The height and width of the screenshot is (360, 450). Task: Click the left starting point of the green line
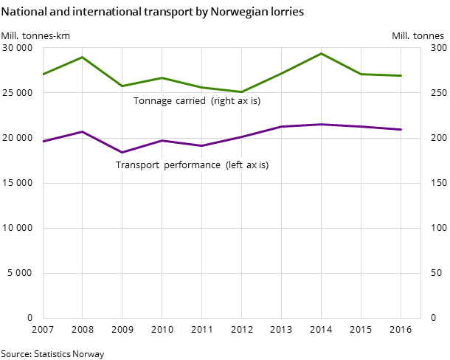coord(43,75)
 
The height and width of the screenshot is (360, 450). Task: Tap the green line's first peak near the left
coord(82,57)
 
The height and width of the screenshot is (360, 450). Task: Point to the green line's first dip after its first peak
coord(122,86)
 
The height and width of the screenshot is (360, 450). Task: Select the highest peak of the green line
coord(321,53)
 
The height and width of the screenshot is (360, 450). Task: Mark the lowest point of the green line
coord(241,91)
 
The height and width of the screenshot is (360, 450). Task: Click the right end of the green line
coord(401,75)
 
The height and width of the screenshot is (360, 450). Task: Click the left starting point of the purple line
coord(43,141)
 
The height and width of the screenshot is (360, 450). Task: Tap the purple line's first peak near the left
coord(82,131)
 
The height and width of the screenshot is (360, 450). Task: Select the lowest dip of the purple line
coord(122,152)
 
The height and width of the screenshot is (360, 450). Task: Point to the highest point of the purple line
coord(321,124)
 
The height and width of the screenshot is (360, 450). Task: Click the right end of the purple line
coord(401,129)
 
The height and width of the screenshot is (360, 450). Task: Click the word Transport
coord(137,165)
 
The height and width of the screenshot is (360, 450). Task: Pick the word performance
coord(192,165)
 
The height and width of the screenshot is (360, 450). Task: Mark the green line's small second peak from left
coord(162,77)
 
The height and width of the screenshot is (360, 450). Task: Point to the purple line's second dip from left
coord(201,145)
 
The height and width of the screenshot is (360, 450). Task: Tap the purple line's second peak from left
coord(162,140)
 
